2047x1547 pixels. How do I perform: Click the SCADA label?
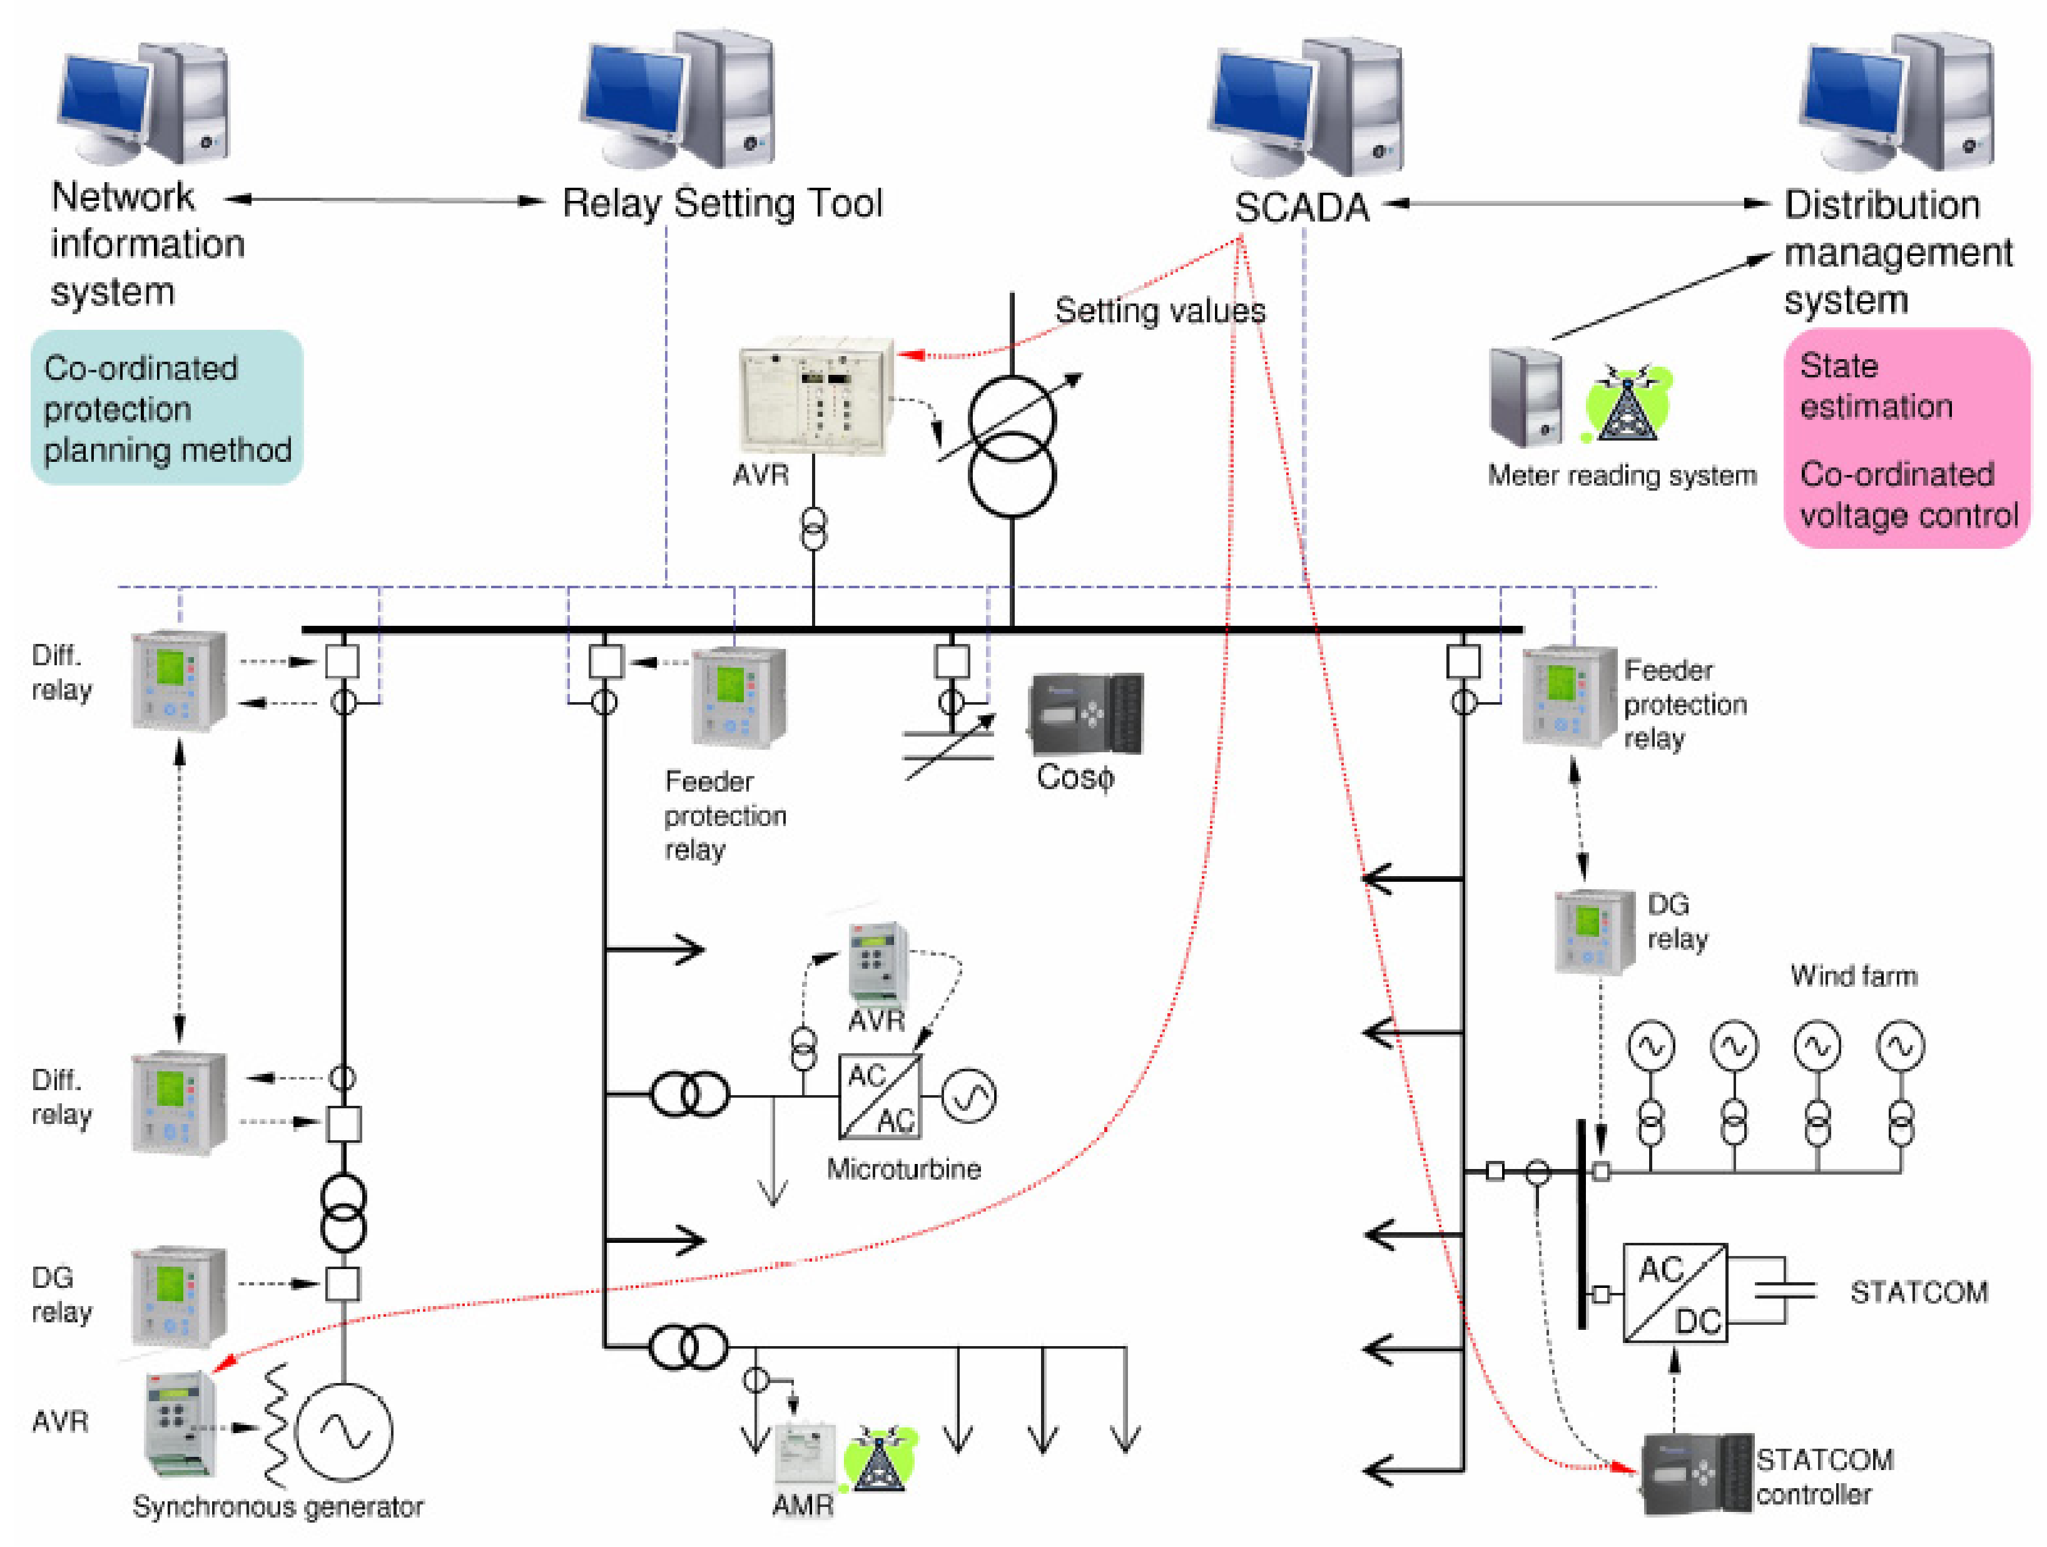click(x=1301, y=207)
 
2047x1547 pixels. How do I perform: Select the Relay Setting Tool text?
click(x=722, y=203)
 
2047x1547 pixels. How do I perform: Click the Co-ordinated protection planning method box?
click(x=166, y=408)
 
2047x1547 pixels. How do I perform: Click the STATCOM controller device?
click(x=1696, y=1472)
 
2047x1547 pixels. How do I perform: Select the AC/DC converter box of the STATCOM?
click(x=1675, y=1294)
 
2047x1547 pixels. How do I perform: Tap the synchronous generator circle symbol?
click(x=344, y=1431)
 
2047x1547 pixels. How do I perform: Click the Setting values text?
click(x=1159, y=310)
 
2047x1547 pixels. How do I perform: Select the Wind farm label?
click(x=1854, y=976)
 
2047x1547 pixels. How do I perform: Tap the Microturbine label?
click(x=903, y=1169)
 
